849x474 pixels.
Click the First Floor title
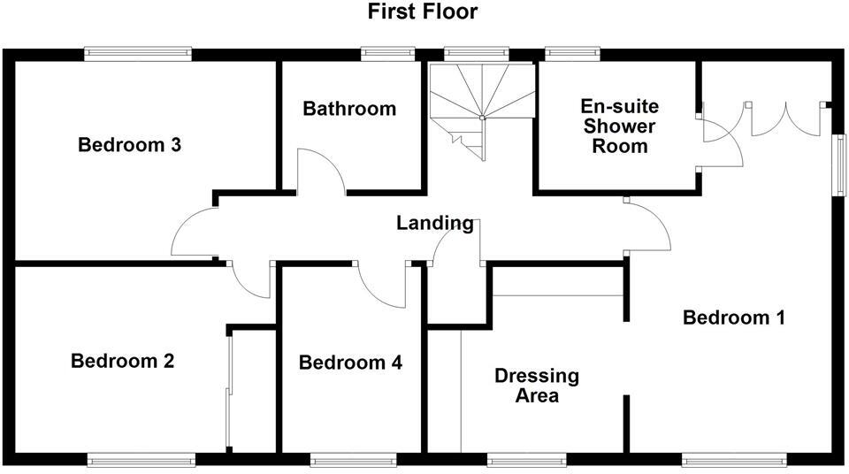423,12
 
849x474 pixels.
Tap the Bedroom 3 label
130,145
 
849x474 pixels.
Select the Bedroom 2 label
123,361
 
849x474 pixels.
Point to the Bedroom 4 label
350,363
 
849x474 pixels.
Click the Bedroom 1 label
734,317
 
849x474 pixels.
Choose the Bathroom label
349,109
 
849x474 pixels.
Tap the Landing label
434,223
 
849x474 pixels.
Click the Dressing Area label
537,386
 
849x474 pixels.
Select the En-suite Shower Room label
619,126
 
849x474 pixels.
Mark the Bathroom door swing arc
320,172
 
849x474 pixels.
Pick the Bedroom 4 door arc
380,287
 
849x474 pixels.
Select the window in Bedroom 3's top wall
138,54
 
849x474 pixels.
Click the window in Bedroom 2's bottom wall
141,459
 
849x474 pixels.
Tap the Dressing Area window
527,459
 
